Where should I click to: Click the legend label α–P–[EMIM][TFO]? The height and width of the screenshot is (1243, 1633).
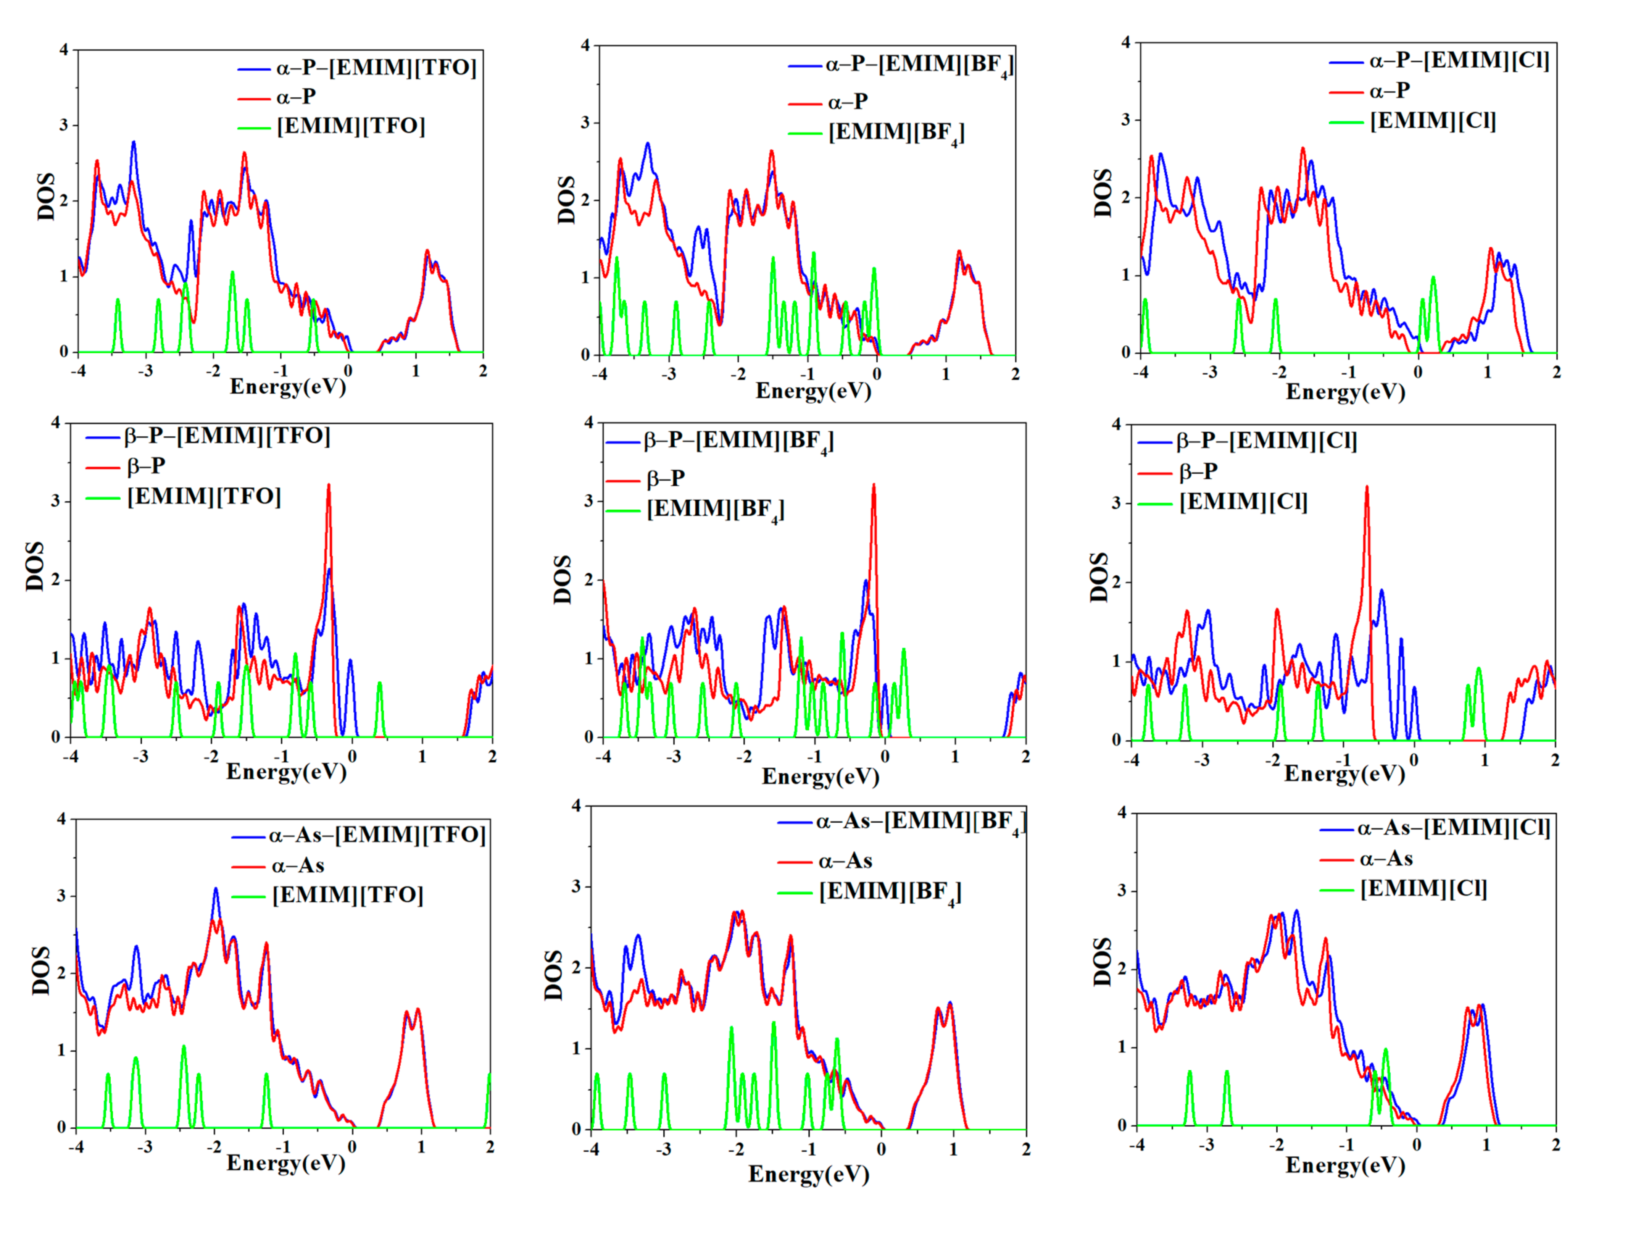(x=376, y=68)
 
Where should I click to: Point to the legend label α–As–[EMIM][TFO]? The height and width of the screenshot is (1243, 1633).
(x=377, y=835)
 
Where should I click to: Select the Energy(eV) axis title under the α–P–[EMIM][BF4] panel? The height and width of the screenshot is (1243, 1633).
(x=813, y=391)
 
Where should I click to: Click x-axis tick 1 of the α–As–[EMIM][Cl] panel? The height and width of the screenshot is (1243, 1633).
(x=1486, y=1145)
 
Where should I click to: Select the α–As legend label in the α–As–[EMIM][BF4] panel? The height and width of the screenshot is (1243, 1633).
(x=845, y=861)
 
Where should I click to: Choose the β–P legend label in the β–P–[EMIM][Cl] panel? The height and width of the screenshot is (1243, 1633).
(x=1198, y=471)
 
